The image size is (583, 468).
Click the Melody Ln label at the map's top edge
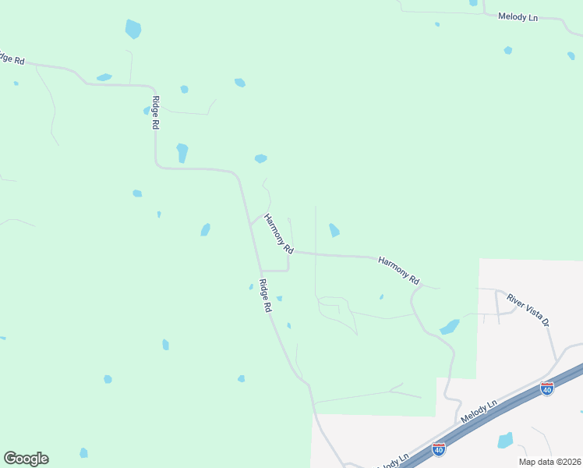tap(518, 16)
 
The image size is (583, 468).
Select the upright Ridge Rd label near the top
tap(156, 112)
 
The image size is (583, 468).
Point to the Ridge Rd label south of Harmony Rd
tap(265, 296)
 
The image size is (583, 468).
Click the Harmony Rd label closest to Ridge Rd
tap(278, 234)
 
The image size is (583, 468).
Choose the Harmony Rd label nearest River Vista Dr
tap(399, 269)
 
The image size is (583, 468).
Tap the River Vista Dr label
tap(528, 310)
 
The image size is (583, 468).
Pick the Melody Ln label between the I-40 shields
tap(479, 413)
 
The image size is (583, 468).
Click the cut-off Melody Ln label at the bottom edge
tap(393, 461)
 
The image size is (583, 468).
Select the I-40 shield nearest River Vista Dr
tap(547, 388)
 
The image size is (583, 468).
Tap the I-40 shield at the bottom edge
tap(439, 449)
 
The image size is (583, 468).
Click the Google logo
tap(26, 459)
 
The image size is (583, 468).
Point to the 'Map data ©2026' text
tap(549, 462)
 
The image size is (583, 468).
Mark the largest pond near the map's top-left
tap(133, 30)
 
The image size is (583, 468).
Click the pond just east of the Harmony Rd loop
tap(334, 230)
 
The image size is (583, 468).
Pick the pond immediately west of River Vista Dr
tap(449, 327)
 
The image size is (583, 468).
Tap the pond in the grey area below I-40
tap(505, 440)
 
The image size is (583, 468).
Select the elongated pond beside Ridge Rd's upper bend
tap(182, 152)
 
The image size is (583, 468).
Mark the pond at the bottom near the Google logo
tap(83, 452)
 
